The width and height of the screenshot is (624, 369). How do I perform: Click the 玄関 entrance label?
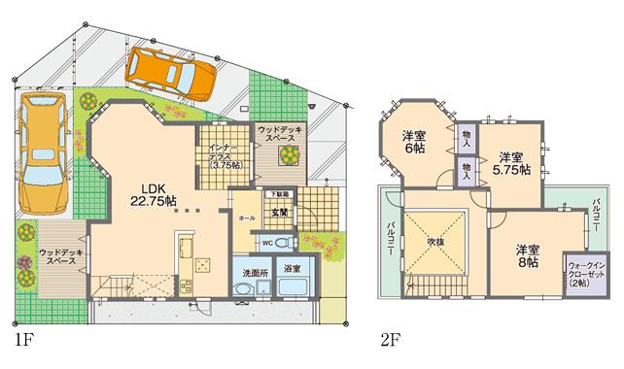[x=279, y=212]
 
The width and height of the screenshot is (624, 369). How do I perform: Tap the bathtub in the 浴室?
[x=292, y=287]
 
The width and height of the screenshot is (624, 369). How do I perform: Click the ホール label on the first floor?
[x=246, y=218]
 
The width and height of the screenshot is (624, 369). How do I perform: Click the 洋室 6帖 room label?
[x=414, y=143]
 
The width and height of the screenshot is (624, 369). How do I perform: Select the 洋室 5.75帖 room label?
[x=513, y=162]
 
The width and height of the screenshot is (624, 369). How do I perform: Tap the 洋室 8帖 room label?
[x=529, y=254]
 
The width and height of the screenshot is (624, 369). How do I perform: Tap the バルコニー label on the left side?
[x=390, y=236]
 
